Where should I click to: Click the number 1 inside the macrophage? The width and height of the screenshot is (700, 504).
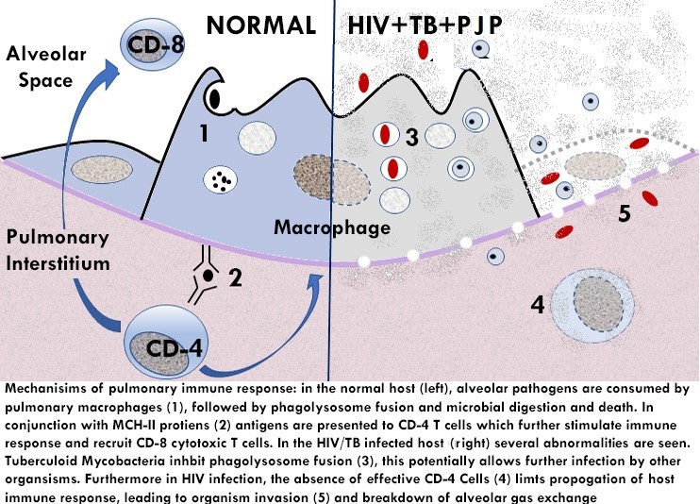pos(204,134)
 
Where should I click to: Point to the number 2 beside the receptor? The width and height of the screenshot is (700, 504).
pos(237,277)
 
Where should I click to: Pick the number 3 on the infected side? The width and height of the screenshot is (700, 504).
pos(411,136)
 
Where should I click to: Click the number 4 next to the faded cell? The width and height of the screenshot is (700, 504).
pos(537,305)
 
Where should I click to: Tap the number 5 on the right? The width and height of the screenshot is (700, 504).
pos(624,213)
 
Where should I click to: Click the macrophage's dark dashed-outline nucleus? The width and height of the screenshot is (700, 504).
pos(320,175)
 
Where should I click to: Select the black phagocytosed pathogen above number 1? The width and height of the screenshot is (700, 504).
pos(215,94)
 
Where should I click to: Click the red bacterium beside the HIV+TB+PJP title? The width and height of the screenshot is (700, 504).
pos(425,47)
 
